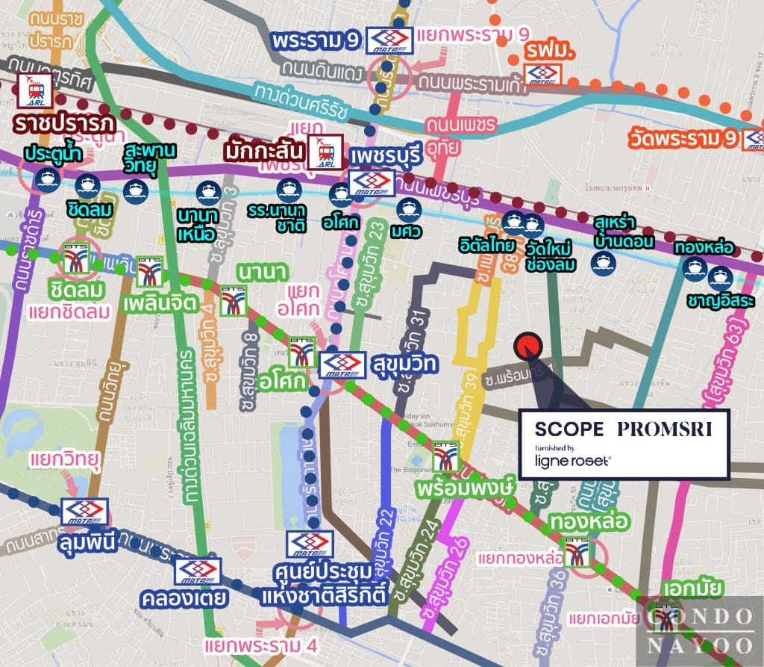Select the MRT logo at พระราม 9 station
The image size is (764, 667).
pos(390,40)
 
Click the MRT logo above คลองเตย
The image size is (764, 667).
pos(198,571)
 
